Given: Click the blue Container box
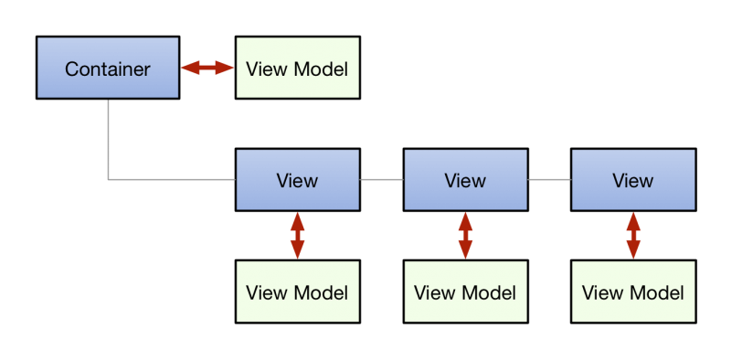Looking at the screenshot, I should [x=107, y=68].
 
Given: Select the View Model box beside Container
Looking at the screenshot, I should [x=297, y=68].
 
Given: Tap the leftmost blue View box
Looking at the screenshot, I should [x=297, y=180].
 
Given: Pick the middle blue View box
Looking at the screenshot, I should [x=465, y=180].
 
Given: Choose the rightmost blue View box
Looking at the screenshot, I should [x=632, y=180].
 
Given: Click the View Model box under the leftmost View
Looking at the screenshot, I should [x=297, y=291].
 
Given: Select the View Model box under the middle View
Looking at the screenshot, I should [x=465, y=291].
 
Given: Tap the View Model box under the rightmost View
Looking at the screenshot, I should [x=632, y=291].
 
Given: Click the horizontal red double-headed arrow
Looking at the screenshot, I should [x=207, y=68].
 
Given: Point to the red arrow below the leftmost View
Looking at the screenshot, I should [x=297, y=236].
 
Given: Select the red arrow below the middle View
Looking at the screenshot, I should [x=465, y=236].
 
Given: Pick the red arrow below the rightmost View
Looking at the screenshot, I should [x=632, y=236].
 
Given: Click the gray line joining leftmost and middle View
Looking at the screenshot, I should [x=381, y=180].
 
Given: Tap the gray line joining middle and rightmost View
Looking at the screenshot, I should [x=549, y=180].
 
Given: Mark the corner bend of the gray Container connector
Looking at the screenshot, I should [x=109, y=179].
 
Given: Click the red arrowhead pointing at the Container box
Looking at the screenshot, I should [x=188, y=68].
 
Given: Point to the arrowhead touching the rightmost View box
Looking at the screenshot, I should [x=632, y=219].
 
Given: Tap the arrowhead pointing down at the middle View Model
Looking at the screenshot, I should [x=465, y=252].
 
